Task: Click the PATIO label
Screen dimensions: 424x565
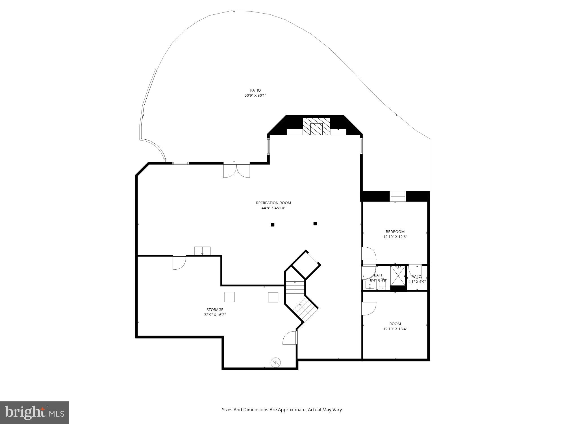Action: [x=255, y=90]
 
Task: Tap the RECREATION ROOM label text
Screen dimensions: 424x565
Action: [x=273, y=203]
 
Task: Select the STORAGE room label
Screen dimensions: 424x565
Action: [x=215, y=310]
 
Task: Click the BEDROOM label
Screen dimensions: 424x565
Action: [x=395, y=232]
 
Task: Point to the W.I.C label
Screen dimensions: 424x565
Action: [x=417, y=277]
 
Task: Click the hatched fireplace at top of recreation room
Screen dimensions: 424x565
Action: [x=316, y=126]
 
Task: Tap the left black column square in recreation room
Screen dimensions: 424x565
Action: [x=273, y=225]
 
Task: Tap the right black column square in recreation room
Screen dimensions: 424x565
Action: [x=315, y=224]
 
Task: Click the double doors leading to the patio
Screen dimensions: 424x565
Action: [x=236, y=170]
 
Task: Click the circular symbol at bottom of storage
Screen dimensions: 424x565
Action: [x=275, y=362]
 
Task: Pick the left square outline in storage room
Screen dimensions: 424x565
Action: [x=229, y=297]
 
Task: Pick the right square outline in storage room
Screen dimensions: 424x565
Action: [x=273, y=297]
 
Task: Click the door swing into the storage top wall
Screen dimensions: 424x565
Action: [x=179, y=262]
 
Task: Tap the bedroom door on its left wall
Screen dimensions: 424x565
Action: [x=369, y=254]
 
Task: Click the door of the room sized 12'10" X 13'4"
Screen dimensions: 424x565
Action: [x=369, y=309]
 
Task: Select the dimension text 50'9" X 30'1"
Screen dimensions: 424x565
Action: [x=255, y=96]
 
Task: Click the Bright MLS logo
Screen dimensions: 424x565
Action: [x=34, y=413]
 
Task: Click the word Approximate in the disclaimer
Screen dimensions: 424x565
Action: [x=292, y=410]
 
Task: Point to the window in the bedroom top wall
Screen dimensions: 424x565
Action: [x=398, y=196]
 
